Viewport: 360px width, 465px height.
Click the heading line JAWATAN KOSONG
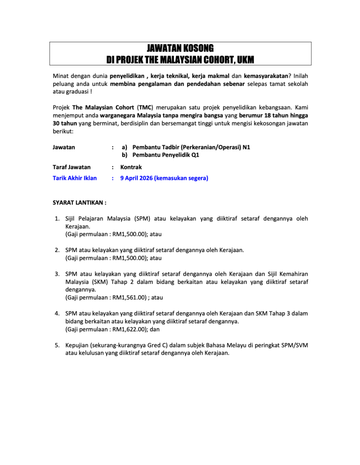tap(180, 49)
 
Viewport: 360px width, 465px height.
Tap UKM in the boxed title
tap(246, 59)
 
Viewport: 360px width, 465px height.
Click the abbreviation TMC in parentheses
tap(145, 108)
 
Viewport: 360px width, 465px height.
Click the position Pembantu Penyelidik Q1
tap(165, 155)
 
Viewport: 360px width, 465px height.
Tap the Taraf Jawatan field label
tap(71, 167)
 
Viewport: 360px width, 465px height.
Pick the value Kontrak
tap(131, 167)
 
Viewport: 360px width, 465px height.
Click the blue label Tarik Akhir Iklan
tap(75, 178)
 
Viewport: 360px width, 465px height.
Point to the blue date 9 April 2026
tap(136, 178)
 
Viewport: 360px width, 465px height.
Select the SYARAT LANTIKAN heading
tap(80, 202)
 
